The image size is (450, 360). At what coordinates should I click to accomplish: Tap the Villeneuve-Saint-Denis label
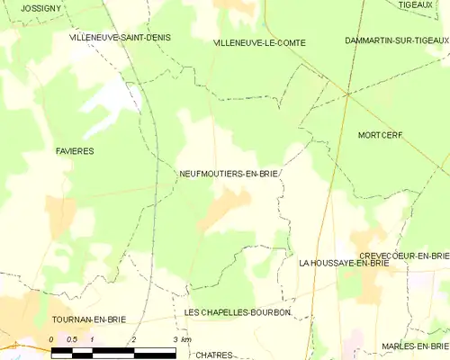coord(120,38)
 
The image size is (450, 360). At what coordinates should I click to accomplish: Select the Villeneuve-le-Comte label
coord(259,42)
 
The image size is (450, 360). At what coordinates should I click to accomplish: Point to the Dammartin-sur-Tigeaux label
coord(396,40)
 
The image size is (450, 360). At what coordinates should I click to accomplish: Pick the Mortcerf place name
coord(380,135)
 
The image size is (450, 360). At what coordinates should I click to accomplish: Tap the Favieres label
coord(74,151)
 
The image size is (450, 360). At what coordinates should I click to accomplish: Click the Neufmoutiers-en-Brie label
coord(229,174)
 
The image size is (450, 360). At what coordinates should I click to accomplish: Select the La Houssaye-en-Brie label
coord(344,263)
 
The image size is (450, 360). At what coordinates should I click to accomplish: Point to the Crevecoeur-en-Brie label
coord(404,256)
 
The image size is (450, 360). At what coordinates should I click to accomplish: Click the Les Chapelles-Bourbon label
coord(237,312)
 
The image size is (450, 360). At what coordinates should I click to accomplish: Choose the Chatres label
coord(213,355)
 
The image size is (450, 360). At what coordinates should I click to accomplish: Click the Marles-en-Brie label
coord(414,346)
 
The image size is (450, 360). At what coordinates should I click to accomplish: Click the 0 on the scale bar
coord(52,339)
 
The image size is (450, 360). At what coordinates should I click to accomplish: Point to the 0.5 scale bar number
coord(72,339)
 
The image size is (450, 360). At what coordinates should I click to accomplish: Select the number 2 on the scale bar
coord(133,339)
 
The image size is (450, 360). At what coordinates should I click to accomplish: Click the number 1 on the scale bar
coord(93,339)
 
